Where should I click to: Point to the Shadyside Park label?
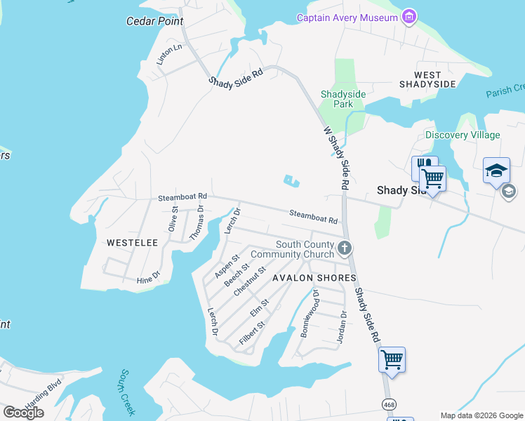[336, 99]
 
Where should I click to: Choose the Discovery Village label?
[463, 135]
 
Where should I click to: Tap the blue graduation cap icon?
[496, 171]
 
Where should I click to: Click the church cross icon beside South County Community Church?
[344, 248]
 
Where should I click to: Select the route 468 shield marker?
[388, 404]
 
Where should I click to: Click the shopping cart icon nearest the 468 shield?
[392, 360]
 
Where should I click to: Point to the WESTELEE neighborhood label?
[133, 242]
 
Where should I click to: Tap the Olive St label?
[174, 219]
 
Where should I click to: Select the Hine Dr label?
[148, 279]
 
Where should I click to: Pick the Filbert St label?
[251, 332]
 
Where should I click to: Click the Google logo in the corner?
[24, 413]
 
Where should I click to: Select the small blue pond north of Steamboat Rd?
[291, 182]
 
